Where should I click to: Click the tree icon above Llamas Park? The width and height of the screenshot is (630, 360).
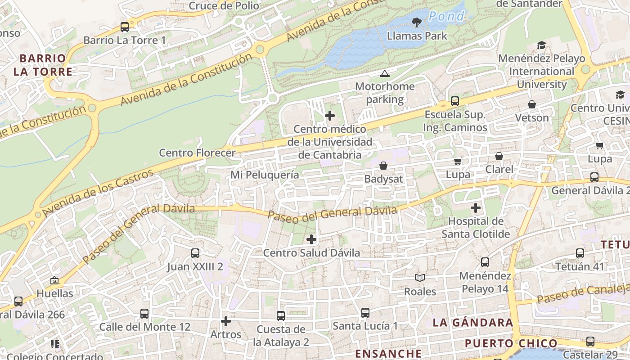point(417,22)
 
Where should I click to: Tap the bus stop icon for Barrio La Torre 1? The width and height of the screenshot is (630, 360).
point(125,27)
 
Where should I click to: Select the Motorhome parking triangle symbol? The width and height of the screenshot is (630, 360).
point(384,73)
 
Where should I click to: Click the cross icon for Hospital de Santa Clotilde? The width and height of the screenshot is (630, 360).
point(476,208)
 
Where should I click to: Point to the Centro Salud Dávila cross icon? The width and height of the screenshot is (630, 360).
point(311,239)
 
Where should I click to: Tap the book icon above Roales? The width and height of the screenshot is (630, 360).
point(420,278)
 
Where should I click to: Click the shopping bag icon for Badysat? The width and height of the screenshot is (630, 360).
point(383,166)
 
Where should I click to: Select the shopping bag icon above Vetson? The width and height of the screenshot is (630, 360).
point(532,104)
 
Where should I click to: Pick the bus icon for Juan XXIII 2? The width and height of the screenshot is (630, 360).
point(195,253)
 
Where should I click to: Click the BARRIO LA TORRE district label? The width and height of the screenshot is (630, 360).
point(43,65)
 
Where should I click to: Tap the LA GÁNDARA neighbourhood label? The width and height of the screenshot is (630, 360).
point(472,322)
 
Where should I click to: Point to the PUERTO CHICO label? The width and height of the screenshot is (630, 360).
point(511,343)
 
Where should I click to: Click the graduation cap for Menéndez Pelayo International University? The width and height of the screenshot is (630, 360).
point(541,45)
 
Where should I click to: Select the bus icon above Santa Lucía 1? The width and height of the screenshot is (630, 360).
point(365,312)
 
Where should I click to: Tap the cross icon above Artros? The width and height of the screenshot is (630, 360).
point(226,321)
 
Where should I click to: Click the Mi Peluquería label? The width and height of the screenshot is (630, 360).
point(265,175)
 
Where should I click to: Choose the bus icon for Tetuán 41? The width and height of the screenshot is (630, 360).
point(580,253)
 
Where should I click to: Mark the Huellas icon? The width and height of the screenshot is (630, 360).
point(54,280)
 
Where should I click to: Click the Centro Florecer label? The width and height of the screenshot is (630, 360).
point(197,153)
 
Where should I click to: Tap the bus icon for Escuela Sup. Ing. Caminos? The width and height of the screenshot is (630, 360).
point(455,101)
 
